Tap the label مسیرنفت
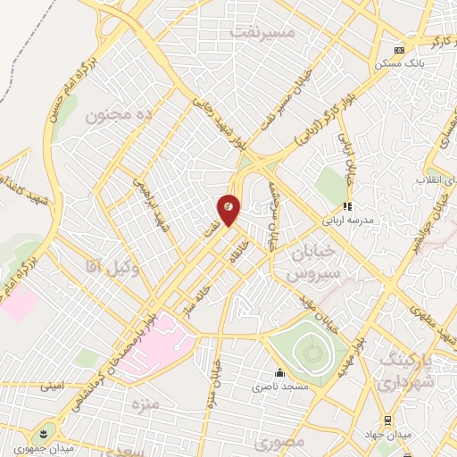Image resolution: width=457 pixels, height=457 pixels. pyautogui.click(x=262, y=31)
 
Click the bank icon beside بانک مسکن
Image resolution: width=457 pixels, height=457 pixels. pyautogui.click(x=400, y=50)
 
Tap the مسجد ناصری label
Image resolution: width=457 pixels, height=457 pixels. pyautogui.click(x=279, y=386)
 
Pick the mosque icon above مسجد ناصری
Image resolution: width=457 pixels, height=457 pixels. pyautogui.click(x=279, y=373)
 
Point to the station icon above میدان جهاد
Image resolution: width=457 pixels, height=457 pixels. pyautogui.click(x=388, y=420)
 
